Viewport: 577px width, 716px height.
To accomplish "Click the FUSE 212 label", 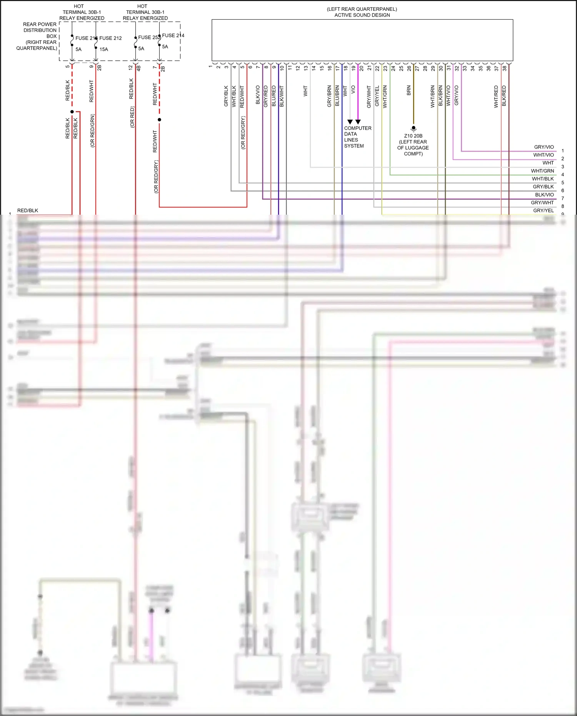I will (x=110, y=38).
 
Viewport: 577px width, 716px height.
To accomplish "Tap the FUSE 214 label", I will (x=173, y=35).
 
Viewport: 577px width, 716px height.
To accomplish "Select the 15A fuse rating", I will (x=104, y=49).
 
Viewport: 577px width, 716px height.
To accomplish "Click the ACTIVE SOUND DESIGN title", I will (x=362, y=15).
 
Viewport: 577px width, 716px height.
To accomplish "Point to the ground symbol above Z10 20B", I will (x=414, y=128).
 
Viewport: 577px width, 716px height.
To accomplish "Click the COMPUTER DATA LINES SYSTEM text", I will (x=357, y=137).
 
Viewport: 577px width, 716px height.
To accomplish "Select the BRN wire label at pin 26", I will (x=409, y=90).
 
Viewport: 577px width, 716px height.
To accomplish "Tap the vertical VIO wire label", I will (x=353, y=90).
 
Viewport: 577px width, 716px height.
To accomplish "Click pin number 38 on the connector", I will (x=504, y=68).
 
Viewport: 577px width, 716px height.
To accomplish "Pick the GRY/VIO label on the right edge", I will (x=544, y=147).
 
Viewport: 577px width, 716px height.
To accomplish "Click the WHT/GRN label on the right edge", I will (x=542, y=171).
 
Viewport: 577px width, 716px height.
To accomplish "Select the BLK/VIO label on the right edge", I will (x=544, y=195).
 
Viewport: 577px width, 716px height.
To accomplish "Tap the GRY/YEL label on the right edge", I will (x=543, y=210).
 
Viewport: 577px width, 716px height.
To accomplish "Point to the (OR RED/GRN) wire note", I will (x=92, y=131).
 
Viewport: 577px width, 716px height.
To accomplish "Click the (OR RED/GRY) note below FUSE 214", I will (x=156, y=177).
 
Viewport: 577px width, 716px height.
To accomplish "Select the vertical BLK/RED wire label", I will (x=504, y=96).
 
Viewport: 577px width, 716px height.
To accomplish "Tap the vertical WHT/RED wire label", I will (x=496, y=97).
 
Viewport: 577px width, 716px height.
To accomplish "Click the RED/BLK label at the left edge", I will (x=28, y=210).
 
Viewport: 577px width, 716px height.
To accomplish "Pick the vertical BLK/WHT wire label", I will (x=282, y=96).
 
